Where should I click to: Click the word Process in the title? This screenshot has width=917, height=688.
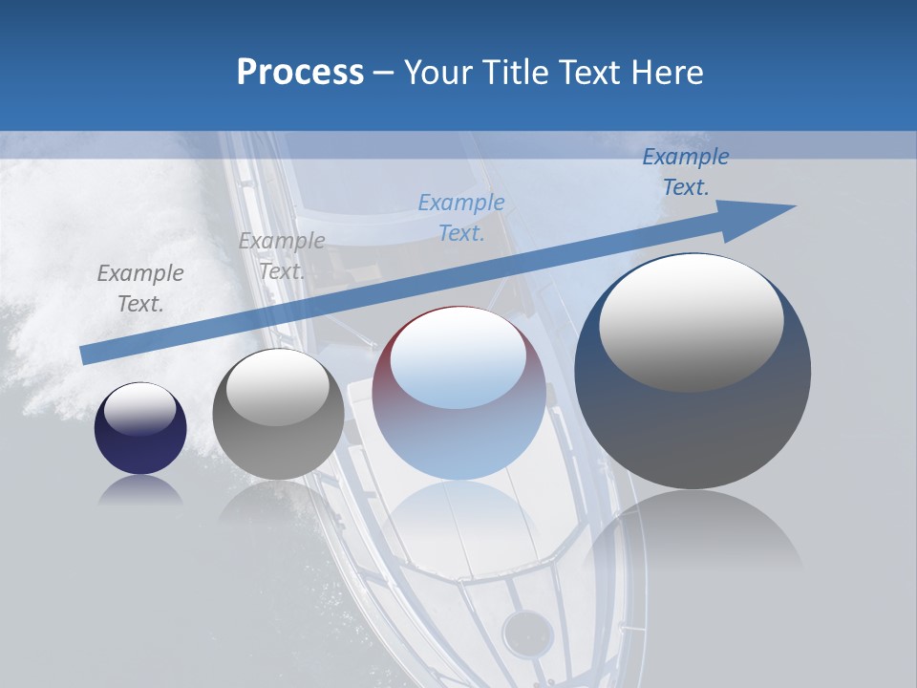300,73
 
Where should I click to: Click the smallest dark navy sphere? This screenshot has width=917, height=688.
140,428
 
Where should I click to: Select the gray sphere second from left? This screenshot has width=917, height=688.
278,414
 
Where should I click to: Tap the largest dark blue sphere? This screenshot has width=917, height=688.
693,373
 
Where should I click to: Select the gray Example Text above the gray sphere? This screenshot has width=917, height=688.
281,255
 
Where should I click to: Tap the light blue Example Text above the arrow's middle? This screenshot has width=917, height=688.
461,217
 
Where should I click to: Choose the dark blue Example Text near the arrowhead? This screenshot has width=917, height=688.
686,172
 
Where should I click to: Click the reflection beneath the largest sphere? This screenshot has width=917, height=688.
693,535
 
